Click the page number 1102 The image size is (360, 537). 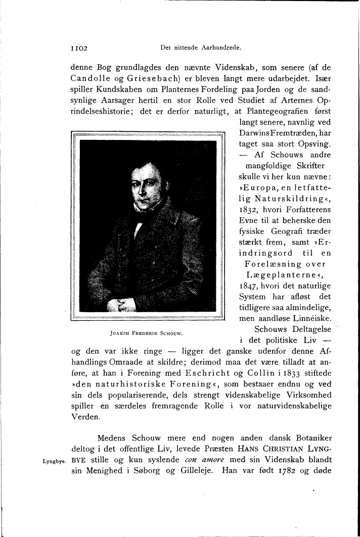(79, 48)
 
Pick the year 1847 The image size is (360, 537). (249, 285)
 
